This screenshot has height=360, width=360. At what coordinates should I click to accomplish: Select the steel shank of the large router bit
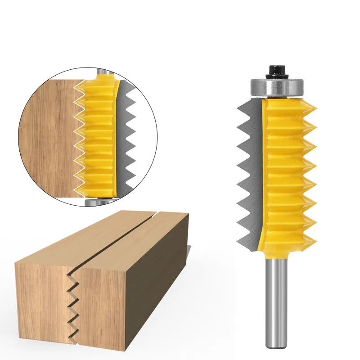pos(276,292)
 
